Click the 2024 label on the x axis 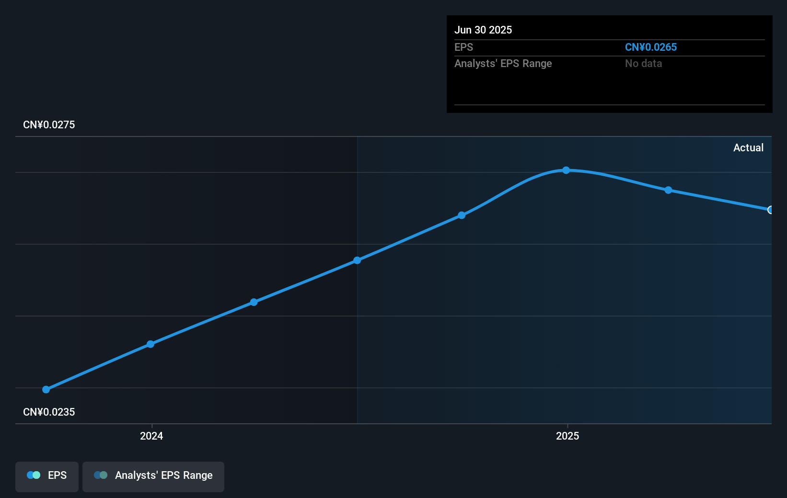tap(151, 436)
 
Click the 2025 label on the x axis tap(567, 436)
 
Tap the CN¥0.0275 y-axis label tap(49, 125)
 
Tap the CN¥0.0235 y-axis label tap(49, 412)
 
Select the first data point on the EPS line tap(46, 390)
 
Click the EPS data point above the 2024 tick tap(150, 344)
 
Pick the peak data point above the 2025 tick tap(566, 170)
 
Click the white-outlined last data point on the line tap(770, 210)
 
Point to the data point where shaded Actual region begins tap(357, 260)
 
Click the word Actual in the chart tap(748, 148)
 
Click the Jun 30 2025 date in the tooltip tap(483, 30)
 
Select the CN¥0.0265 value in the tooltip tap(650, 47)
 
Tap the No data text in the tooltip tap(643, 64)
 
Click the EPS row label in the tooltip tap(463, 47)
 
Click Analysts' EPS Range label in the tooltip tap(503, 64)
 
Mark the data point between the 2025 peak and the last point tap(668, 190)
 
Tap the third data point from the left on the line tap(254, 302)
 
